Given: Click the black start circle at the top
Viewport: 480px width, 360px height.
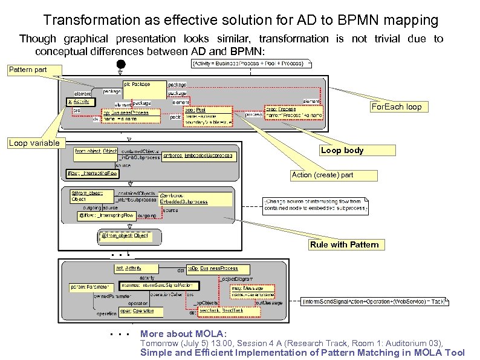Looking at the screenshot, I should click(x=121, y=64).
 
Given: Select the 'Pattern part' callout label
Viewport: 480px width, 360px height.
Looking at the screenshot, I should click(x=28, y=70).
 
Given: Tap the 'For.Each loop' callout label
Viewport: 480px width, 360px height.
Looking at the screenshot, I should click(x=397, y=107).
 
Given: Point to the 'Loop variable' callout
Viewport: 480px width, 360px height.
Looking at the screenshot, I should click(x=34, y=143).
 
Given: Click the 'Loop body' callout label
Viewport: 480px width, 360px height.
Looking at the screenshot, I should click(x=342, y=150).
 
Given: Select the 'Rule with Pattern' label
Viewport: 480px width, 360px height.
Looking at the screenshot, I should click(x=344, y=244).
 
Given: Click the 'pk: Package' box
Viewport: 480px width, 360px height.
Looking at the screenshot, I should click(x=144, y=89).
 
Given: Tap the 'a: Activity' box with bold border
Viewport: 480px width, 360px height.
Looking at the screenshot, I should click(x=79, y=102).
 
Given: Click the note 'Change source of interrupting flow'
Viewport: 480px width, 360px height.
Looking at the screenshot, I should click(x=314, y=205).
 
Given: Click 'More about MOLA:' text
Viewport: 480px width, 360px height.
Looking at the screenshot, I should click(x=183, y=333).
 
